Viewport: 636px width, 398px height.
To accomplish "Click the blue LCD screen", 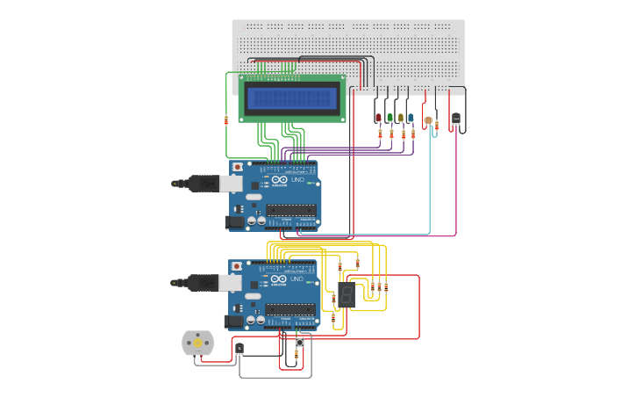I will coord(292,98).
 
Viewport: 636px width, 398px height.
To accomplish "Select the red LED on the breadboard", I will coord(378,117).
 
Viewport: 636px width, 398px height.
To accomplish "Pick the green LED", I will coord(389,117).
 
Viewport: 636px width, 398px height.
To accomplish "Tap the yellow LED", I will coord(400,117).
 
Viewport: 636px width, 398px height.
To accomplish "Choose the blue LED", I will coord(411,117).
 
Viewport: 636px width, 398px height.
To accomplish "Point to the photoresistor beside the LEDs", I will coord(428,120).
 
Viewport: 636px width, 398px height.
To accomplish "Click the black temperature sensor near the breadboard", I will coord(456,118).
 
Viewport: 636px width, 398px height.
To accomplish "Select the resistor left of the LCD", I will coord(226,120).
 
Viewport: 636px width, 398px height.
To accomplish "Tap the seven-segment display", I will coord(347,295).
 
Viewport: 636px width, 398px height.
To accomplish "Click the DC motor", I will coord(197,343).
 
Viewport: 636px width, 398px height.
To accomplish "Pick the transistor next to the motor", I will coord(239,349).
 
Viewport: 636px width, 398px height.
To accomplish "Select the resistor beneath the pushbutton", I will coord(296,355).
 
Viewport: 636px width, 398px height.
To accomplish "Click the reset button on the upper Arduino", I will coord(237,166).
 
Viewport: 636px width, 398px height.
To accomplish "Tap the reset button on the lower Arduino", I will coord(236,266).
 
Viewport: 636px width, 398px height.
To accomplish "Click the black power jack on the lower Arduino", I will coord(233,322).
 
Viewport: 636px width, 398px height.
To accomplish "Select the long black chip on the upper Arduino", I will coord(290,210).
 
